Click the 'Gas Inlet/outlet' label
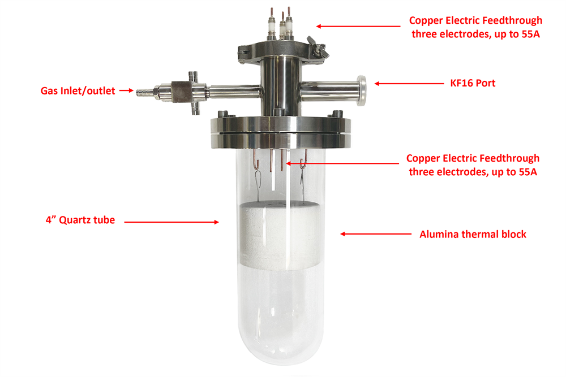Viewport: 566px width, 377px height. tap(78, 90)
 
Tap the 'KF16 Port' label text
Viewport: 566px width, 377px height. tap(470, 83)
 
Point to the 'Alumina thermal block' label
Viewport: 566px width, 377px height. tap(473, 234)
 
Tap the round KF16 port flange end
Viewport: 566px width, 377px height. tap(362, 89)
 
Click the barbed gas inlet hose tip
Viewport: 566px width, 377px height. tap(140, 90)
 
